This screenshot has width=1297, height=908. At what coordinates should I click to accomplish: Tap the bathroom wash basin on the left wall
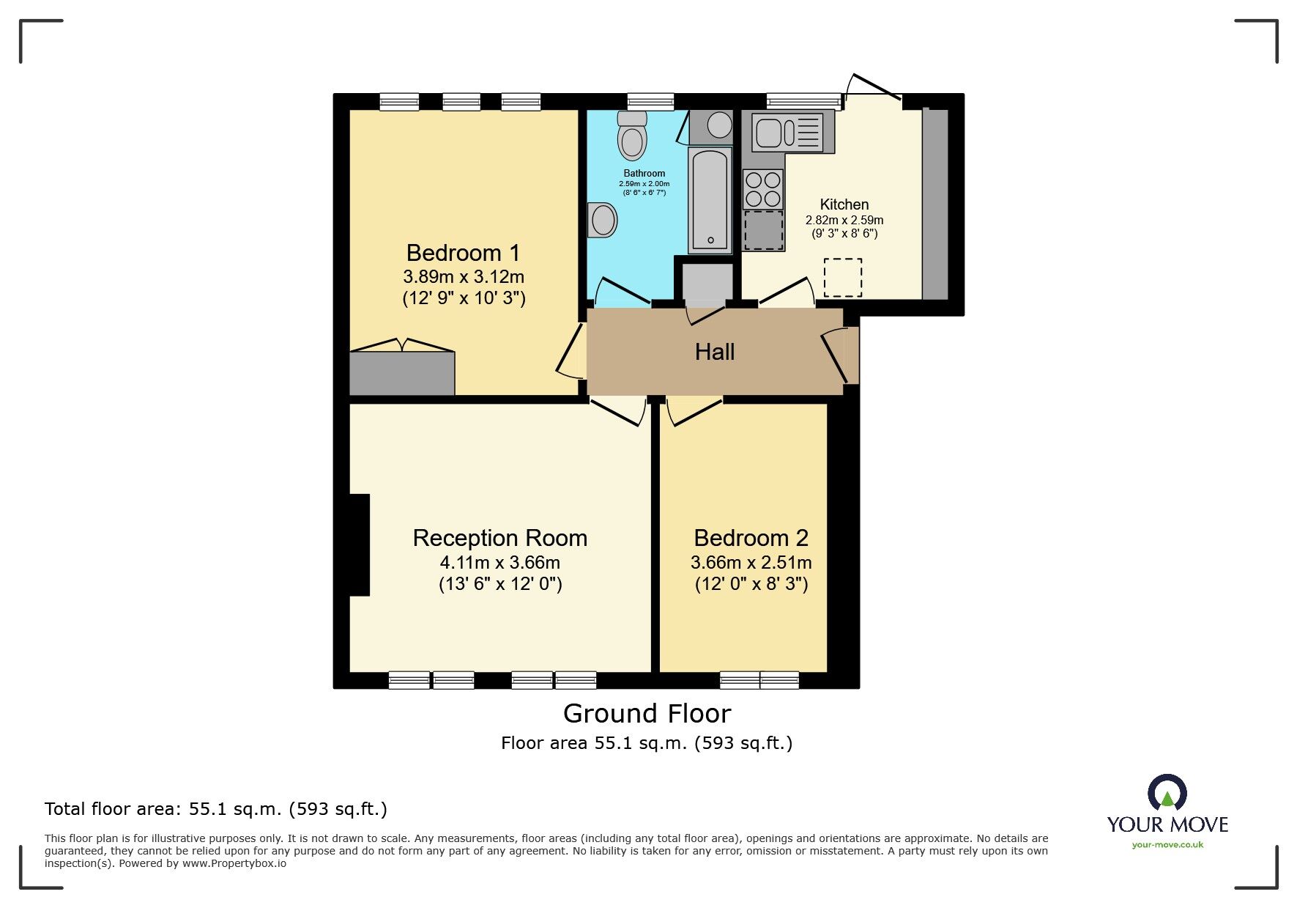(603, 219)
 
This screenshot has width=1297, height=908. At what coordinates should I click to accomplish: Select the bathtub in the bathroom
(710, 199)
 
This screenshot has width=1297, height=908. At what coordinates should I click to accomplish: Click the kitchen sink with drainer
(792, 132)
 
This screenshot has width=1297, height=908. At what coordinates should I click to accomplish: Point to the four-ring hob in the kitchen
(763, 189)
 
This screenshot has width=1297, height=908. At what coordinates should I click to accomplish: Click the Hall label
(714, 353)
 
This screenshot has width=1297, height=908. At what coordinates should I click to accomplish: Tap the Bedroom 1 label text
(463, 253)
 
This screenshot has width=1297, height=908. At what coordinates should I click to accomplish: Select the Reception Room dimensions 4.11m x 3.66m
(499, 563)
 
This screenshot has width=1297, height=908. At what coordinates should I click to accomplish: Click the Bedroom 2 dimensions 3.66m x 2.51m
(751, 563)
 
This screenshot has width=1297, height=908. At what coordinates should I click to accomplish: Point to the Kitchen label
(844, 204)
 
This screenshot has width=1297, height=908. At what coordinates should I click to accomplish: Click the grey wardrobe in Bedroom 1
(401, 374)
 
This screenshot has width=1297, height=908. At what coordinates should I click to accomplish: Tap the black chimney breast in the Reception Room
(359, 545)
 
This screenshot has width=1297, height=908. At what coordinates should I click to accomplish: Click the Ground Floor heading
(647, 713)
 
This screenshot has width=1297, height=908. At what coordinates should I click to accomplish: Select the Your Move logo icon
(1167, 794)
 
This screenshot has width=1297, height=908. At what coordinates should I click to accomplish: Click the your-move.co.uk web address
(1167, 845)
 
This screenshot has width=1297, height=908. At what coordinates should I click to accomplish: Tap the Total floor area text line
(215, 809)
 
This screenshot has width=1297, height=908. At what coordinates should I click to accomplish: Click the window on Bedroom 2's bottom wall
(759, 681)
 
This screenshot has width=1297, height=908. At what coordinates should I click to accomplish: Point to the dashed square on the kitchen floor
(842, 277)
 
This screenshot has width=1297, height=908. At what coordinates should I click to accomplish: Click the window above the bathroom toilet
(650, 101)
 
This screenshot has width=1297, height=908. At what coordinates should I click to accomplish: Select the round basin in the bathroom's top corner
(719, 125)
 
